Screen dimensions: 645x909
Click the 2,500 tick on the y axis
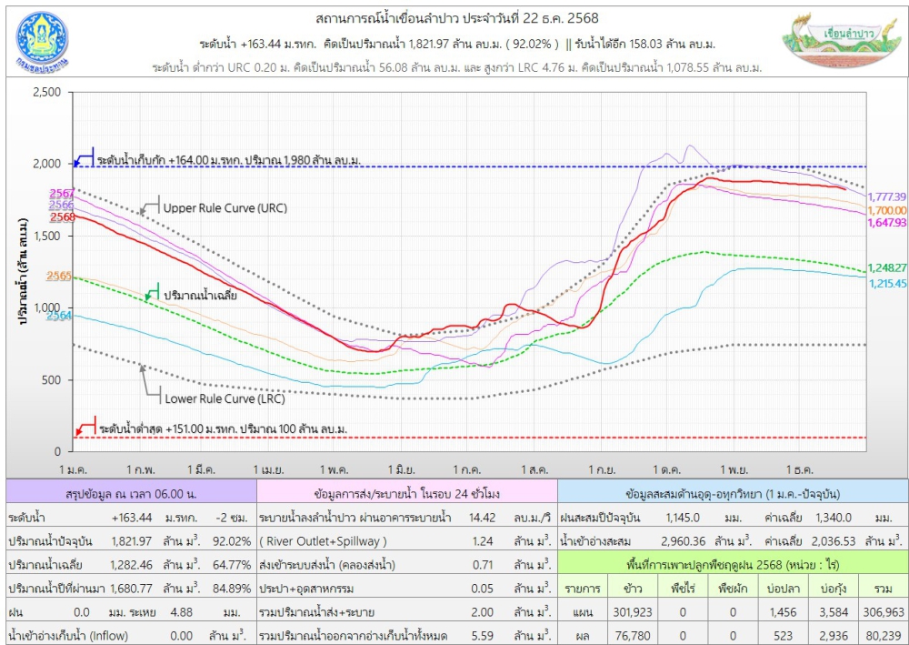pyautogui.click(x=45, y=93)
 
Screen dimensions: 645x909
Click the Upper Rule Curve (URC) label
pyautogui.click(x=225, y=207)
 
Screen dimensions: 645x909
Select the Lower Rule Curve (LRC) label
pyautogui.click(x=224, y=398)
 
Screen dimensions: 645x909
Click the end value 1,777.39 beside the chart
pyautogui.click(x=887, y=197)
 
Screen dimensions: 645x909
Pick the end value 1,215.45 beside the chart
pyautogui.click(x=887, y=284)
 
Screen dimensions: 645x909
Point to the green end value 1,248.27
pyautogui.click(x=887, y=268)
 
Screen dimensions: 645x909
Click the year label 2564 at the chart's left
pyautogui.click(x=60, y=316)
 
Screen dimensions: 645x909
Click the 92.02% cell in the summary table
pyautogui.click(x=233, y=540)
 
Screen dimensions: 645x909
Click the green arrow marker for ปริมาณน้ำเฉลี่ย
pyautogui.click(x=152, y=295)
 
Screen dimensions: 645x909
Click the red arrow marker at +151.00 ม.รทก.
pyautogui.click(x=85, y=427)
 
